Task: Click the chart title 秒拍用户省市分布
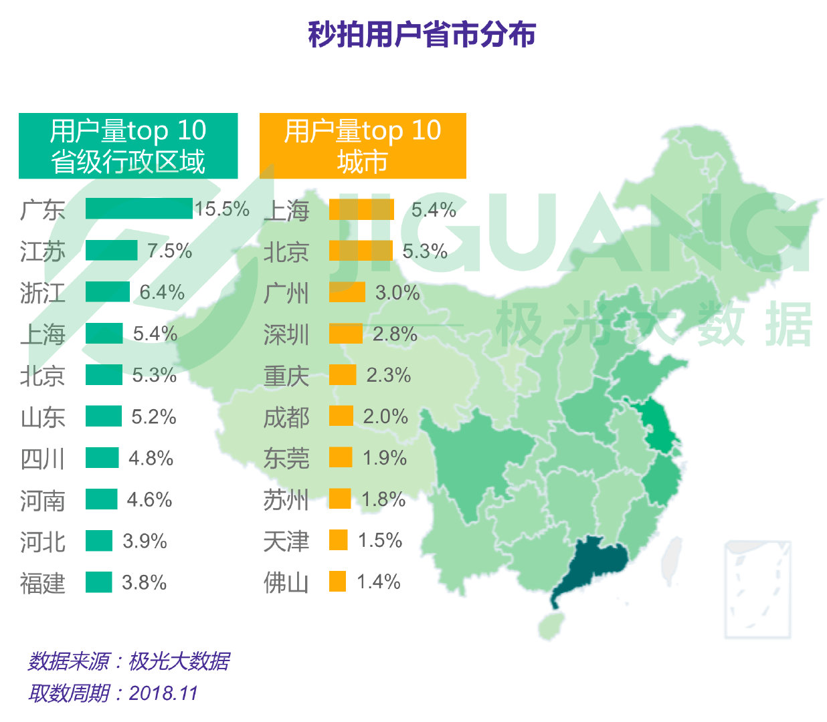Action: click(x=422, y=34)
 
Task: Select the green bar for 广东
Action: click(x=139, y=209)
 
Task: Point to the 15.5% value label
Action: click(x=222, y=209)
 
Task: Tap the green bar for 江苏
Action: click(x=111, y=251)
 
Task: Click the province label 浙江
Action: click(x=43, y=293)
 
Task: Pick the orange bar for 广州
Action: click(x=347, y=292)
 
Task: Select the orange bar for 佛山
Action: click(x=337, y=582)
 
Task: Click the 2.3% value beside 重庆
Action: click(x=388, y=375)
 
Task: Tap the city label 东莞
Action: click(x=286, y=458)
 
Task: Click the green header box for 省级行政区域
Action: click(x=128, y=146)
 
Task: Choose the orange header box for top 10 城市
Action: click(x=362, y=146)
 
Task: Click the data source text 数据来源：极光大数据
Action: click(x=128, y=661)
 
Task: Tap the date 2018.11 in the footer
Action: click(x=163, y=693)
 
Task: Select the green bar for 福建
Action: click(x=98, y=582)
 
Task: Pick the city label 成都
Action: click(x=286, y=417)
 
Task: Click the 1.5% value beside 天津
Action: click(x=379, y=540)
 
